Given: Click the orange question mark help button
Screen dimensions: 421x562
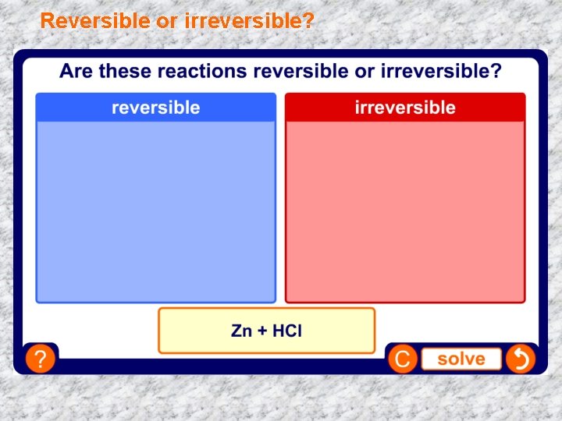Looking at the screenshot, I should [40, 359].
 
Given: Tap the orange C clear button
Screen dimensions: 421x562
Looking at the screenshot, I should [403, 359].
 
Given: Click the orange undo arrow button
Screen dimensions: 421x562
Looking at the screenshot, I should [520, 359].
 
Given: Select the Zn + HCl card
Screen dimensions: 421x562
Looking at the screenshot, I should [266, 331].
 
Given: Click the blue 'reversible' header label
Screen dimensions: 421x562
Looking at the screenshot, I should [155, 108].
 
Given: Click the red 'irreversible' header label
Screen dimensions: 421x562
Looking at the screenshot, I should [404, 108].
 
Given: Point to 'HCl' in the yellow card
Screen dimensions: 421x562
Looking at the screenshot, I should [287, 331].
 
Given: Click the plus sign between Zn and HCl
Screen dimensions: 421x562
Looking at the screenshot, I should [261, 331].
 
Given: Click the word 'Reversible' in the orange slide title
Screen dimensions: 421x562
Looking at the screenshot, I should [95, 21].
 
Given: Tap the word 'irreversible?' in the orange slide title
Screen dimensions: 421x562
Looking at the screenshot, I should [250, 21].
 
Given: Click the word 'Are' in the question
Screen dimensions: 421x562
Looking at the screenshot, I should [76, 72].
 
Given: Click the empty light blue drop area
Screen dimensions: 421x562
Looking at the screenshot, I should [155, 210].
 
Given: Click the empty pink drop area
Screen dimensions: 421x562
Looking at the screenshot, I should [404, 210].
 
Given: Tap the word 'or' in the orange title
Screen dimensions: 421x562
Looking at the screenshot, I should [166, 21].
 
